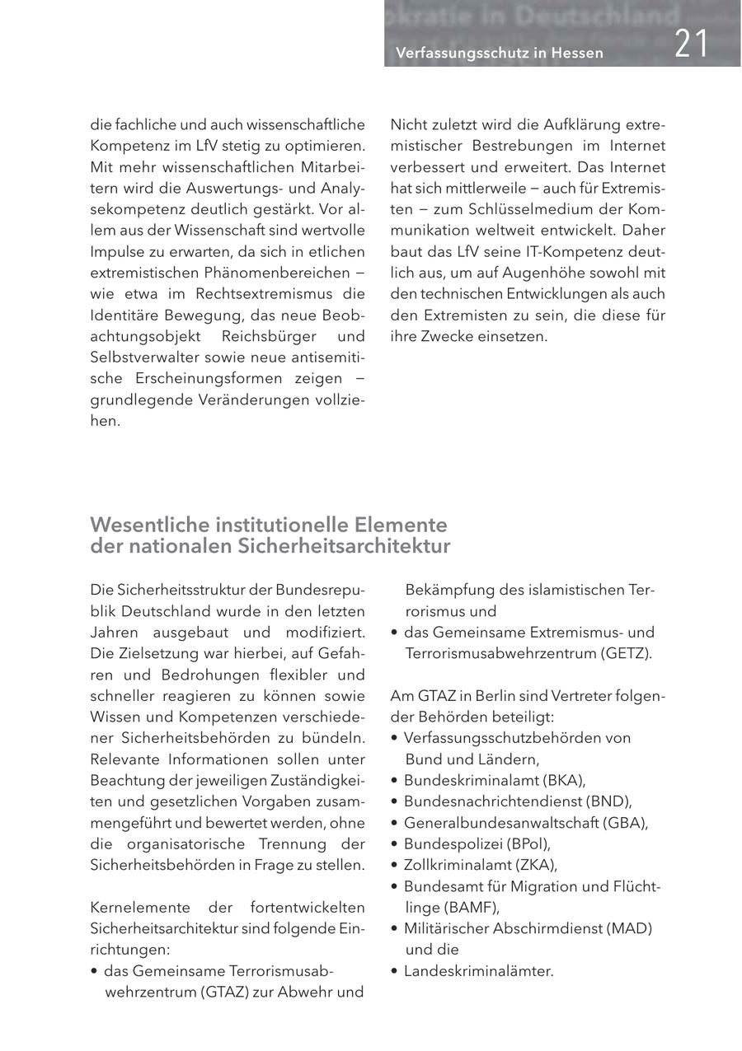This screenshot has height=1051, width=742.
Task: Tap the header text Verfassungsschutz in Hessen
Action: tap(499, 53)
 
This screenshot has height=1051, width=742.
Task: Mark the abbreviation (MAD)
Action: tap(630, 928)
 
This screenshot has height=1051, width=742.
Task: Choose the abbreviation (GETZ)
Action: tap(625, 653)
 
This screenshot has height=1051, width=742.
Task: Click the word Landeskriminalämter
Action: tap(479, 971)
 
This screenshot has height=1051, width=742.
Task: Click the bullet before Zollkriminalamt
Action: tap(395, 865)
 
